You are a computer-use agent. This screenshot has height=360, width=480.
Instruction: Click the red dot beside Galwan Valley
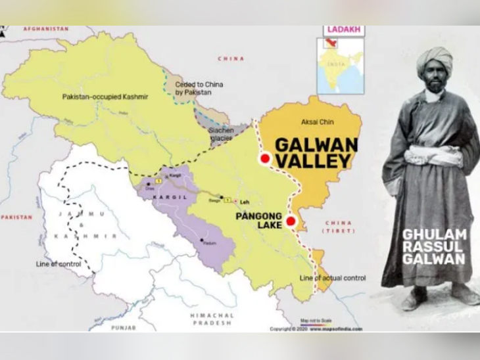264,158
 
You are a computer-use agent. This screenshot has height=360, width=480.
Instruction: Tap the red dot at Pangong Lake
291,222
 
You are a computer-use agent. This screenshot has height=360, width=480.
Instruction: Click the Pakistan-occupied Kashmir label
105,97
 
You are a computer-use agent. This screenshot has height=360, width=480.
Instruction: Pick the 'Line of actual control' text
332,278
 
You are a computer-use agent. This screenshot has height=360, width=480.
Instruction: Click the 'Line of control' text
59,264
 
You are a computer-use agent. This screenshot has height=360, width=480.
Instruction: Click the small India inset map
339,66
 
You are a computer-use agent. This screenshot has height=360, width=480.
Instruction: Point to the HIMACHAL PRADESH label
212,319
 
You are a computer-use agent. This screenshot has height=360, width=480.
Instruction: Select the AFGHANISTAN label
46,30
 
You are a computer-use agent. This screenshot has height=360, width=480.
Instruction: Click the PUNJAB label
123,327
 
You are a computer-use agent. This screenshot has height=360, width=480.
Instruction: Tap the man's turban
434,60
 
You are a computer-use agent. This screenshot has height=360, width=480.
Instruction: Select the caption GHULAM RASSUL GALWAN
434,246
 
